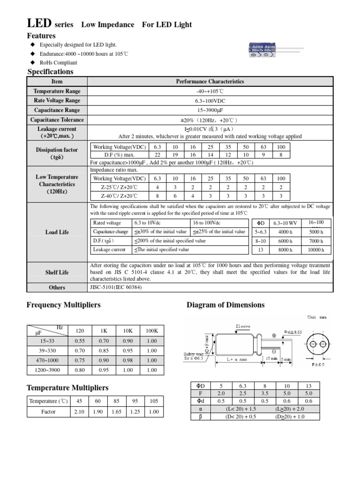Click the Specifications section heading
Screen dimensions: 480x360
point(51,72)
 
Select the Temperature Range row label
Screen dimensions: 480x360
point(57,91)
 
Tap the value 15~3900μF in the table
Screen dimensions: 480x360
point(210,110)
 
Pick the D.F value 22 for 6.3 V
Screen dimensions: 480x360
point(157,155)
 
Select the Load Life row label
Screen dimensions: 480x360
point(57,232)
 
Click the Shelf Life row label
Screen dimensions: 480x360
point(57,272)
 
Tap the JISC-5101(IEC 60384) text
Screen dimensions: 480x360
point(115,287)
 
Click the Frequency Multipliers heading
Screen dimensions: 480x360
point(64,305)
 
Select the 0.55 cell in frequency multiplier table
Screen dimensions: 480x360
point(80,341)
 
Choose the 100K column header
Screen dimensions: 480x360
point(151,330)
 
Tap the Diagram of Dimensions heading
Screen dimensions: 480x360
point(225,305)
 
